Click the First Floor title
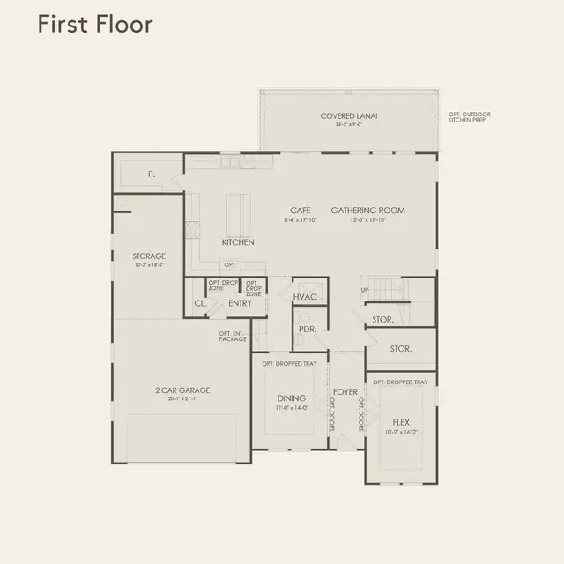click(95, 24)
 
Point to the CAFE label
click(301, 211)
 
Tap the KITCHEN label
click(238, 242)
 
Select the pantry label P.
click(152, 174)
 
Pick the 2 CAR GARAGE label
click(183, 390)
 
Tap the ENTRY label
click(240, 303)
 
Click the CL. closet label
click(199, 304)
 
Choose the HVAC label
click(306, 297)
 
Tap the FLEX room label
click(400, 422)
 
